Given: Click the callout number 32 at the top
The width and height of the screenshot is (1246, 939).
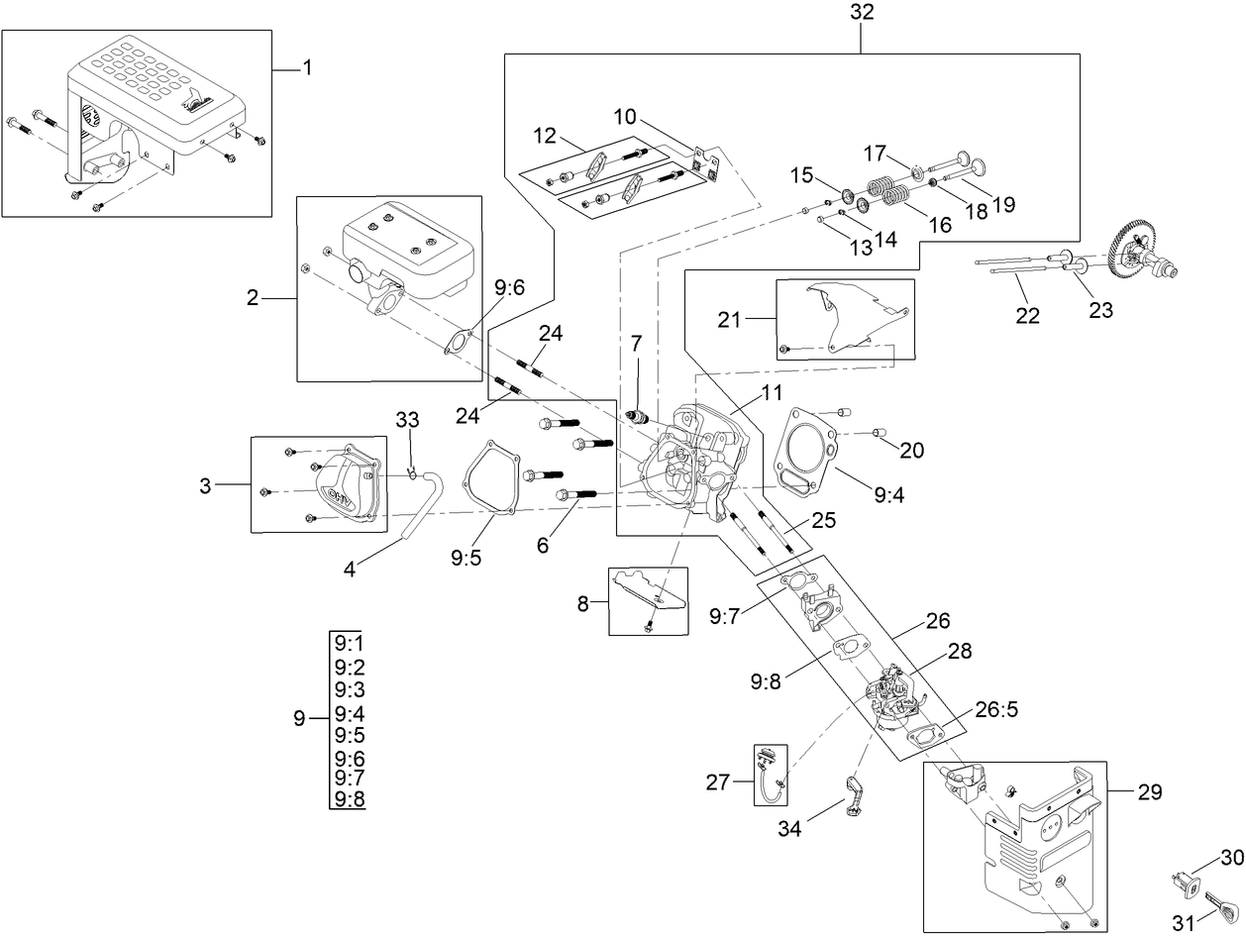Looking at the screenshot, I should point(861,14).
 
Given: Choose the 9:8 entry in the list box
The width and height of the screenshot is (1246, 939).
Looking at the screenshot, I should point(350,799).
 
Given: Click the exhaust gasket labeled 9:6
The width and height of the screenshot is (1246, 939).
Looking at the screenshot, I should point(457,341).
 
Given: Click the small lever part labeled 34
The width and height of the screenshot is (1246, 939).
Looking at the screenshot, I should point(854,797).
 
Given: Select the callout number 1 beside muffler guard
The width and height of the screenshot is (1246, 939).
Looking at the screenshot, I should point(306,67).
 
